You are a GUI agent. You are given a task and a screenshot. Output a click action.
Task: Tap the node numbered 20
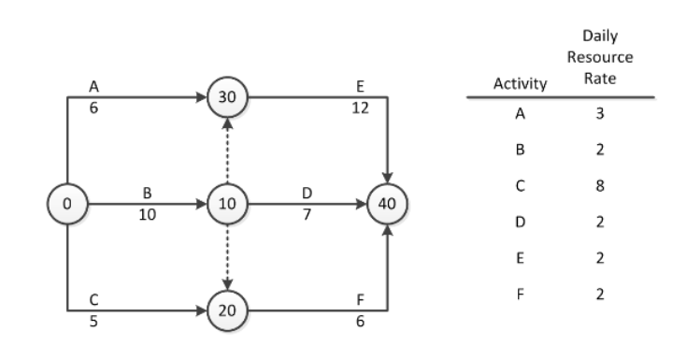coord(226,310)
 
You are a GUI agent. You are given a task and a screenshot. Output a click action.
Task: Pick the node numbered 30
coord(226,95)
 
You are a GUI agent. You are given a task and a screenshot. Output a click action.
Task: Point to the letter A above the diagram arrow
coord(93,86)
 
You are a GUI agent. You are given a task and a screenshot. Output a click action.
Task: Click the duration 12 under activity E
coord(360,107)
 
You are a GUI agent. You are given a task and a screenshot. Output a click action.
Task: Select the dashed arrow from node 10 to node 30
coord(226,150)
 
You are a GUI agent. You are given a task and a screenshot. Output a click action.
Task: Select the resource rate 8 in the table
coord(603,185)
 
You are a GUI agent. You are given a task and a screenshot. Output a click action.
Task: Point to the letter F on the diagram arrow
coord(360,301)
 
